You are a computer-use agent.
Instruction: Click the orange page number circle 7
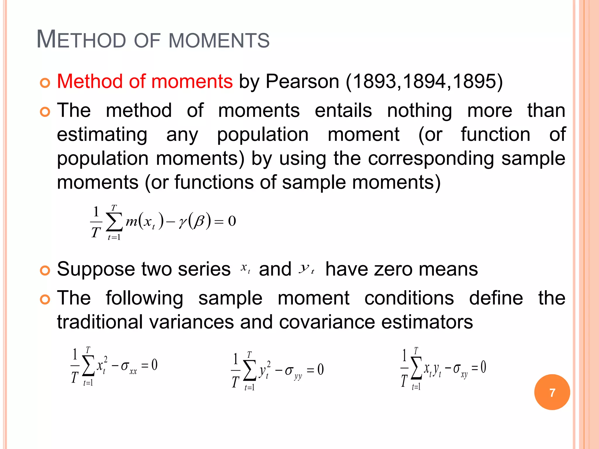(x=552, y=392)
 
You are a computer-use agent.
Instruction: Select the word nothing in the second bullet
(x=419, y=111)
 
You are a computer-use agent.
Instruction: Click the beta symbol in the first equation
(x=199, y=221)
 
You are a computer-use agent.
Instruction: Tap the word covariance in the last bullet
(x=327, y=322)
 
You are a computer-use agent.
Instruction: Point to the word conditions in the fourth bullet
(x=409, y=298)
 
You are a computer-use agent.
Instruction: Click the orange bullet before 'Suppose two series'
(x=45, y=271)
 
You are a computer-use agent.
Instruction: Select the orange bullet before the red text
(x=45, y=83)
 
